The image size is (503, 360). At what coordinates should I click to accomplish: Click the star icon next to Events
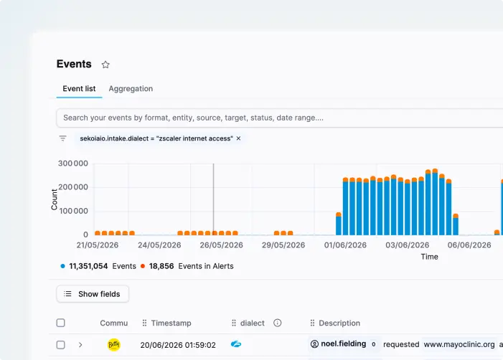[105, 65]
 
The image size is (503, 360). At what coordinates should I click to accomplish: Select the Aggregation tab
[131, 89]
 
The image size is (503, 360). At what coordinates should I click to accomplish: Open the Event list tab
[79, 89]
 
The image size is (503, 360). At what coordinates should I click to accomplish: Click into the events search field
[279, 118]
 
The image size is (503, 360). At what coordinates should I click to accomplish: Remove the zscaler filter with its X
[238, 138]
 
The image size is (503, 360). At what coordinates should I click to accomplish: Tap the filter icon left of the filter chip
[63, 138]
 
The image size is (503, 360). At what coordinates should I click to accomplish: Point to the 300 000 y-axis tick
[72, 164]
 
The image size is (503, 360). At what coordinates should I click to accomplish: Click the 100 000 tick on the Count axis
[72, 211]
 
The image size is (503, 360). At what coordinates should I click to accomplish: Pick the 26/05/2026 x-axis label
[221, 245]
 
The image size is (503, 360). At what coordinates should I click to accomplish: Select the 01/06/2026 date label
[345, 245]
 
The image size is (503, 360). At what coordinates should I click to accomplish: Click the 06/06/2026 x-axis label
[469, 245]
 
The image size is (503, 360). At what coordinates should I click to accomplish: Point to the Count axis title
[54, 199]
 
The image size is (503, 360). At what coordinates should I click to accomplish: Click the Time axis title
[430, 257]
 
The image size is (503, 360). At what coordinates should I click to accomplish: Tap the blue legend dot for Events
[63, 266]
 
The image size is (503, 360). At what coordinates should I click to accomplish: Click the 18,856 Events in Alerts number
[161, 266]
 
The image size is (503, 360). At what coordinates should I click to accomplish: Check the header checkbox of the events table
[60, 323]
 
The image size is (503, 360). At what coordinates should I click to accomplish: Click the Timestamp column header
[171, 323]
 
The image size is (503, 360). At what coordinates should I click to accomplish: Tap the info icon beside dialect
[278, 323]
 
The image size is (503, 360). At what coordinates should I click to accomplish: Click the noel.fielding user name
[343, 344]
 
